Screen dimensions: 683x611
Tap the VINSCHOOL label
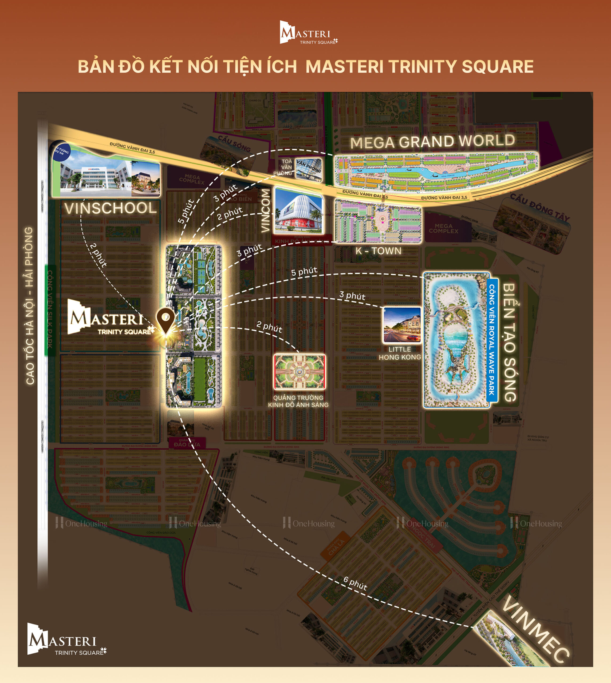(111, 208)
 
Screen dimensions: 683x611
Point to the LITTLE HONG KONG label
(400, 353)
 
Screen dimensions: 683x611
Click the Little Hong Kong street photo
(402, 325)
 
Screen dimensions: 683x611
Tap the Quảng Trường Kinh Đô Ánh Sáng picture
(299, 371)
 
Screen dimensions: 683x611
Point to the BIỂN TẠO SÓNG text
(509, 342)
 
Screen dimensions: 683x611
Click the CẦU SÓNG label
(234, 143)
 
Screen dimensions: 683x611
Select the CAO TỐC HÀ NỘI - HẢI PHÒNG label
(30, 305)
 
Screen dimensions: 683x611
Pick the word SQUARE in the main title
(498, 66)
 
